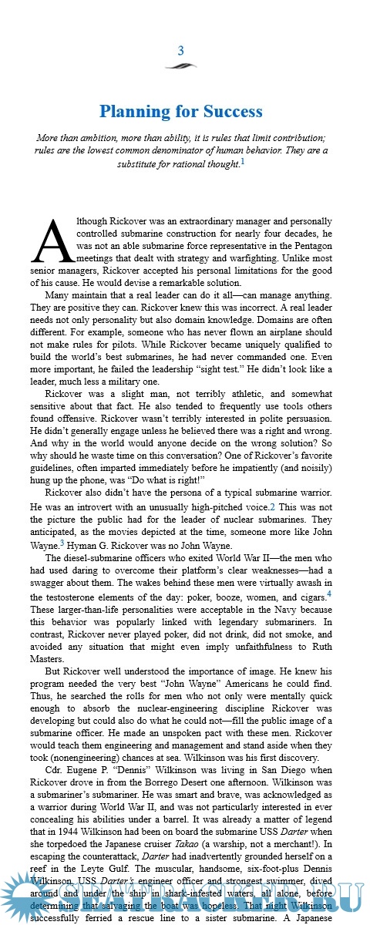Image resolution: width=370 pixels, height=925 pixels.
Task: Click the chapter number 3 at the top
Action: (180, 51)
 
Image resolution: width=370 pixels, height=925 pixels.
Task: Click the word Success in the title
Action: (230, 112)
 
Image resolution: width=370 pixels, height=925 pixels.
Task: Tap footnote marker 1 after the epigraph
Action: (242, 162)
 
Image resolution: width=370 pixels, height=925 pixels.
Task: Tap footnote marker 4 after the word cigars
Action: (329, 594)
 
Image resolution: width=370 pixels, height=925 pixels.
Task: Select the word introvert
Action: (89, 506)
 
